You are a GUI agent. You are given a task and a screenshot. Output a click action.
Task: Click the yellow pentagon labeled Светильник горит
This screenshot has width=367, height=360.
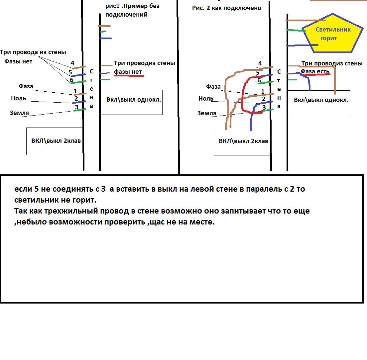333,34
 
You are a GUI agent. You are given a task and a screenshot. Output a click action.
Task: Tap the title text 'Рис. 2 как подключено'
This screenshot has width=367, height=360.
227,8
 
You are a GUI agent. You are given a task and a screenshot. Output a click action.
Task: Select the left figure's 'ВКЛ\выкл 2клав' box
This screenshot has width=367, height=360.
55,141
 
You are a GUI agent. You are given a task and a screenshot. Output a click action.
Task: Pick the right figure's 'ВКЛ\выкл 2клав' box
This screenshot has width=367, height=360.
242,141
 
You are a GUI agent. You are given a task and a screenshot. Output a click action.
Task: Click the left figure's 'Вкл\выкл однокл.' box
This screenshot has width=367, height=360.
131,102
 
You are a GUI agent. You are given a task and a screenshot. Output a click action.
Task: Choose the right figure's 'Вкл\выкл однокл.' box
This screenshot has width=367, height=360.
319,103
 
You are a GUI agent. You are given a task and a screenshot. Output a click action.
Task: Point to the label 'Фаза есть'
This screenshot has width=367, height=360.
315,71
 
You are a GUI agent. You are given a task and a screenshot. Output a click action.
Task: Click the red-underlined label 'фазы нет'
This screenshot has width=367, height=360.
128,71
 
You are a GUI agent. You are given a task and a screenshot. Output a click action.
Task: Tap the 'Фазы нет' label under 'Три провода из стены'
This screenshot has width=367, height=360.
18,61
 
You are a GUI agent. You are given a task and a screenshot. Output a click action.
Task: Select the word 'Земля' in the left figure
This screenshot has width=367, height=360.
19,113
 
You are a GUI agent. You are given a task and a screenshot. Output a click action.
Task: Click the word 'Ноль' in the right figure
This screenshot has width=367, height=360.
206,99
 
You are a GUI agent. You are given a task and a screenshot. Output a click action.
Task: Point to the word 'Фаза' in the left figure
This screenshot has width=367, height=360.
26,86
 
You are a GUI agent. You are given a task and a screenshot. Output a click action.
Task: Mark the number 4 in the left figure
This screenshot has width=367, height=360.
72,63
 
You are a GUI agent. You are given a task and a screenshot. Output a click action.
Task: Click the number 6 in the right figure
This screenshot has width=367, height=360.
259,80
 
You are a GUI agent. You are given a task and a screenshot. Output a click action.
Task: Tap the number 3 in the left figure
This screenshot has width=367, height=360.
76,107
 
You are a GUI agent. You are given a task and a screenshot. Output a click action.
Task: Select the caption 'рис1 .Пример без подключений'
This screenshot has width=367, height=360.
133,10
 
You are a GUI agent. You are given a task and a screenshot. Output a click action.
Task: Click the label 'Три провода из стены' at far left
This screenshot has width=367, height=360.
33,52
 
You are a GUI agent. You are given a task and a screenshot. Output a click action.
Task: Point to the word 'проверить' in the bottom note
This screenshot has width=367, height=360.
125,222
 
